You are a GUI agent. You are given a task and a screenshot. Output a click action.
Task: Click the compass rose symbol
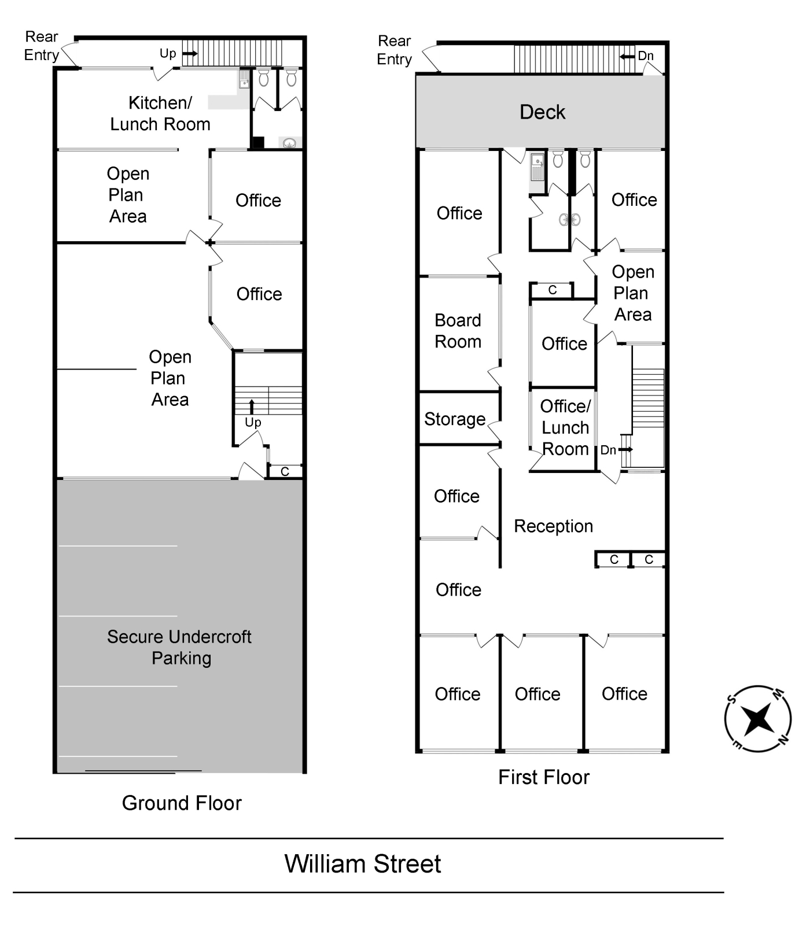pyautogui.click(x=757, y=719)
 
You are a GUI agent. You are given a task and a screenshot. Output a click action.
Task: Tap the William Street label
pyautogui.click(x=363, y=864)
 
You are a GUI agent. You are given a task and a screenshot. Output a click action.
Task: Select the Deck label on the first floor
pyautogui.click(x=542, y=112)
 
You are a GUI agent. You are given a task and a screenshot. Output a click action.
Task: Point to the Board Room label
pyautogui.click(x=458, y=331)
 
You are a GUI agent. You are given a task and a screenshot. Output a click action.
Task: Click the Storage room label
pyautogui.click(x=455, y=419)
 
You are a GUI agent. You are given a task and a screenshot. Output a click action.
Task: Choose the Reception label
pyautogui.click(x=553, y=526)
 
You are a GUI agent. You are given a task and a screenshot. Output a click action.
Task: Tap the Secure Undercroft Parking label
pyautogui.click(x=179, y=647)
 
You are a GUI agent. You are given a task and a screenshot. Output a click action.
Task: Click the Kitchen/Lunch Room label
pyautogui.click(x=160, y=113)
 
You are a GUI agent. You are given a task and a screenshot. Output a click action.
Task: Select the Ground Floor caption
pyautogui.click(x=182, y=803)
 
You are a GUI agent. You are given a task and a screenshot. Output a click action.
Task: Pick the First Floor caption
pyautogui.click(x=544, y=777)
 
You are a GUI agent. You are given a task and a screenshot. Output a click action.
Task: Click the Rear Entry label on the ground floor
pyautogui.click(x=42, y=46)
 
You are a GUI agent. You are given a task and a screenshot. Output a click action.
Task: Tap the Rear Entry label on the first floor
pyautogui.click(x=395, y=50)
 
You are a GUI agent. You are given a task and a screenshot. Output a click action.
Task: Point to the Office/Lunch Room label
pyautogui.click(x=565, y=428)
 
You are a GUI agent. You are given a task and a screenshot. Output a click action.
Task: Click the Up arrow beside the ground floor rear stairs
pyautogui.click(x=190, y=54)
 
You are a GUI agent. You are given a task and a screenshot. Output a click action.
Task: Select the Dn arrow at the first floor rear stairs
pyautogui.click(x=627, y=57)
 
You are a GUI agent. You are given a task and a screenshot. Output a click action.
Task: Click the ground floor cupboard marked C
pyautogui.click(x=285, y=472)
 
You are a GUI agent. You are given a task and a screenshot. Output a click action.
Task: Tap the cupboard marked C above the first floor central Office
pyautogui.click(x=553, y=290)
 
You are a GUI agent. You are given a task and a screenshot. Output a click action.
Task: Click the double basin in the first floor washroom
pyautogui.click(x=569, y=220)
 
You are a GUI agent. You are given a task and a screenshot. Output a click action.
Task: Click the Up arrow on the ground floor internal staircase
pyautogui.click(x=252, y=407)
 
